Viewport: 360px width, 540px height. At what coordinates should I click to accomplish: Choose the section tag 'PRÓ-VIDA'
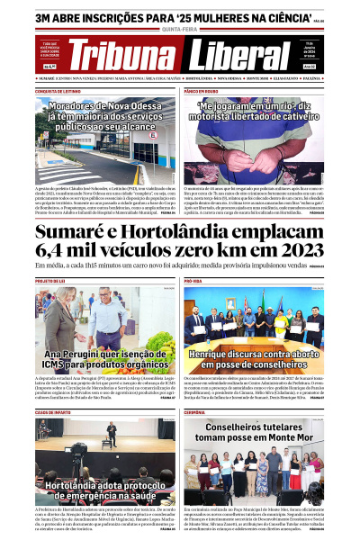193,281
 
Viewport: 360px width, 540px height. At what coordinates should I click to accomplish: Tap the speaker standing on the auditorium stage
111,432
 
